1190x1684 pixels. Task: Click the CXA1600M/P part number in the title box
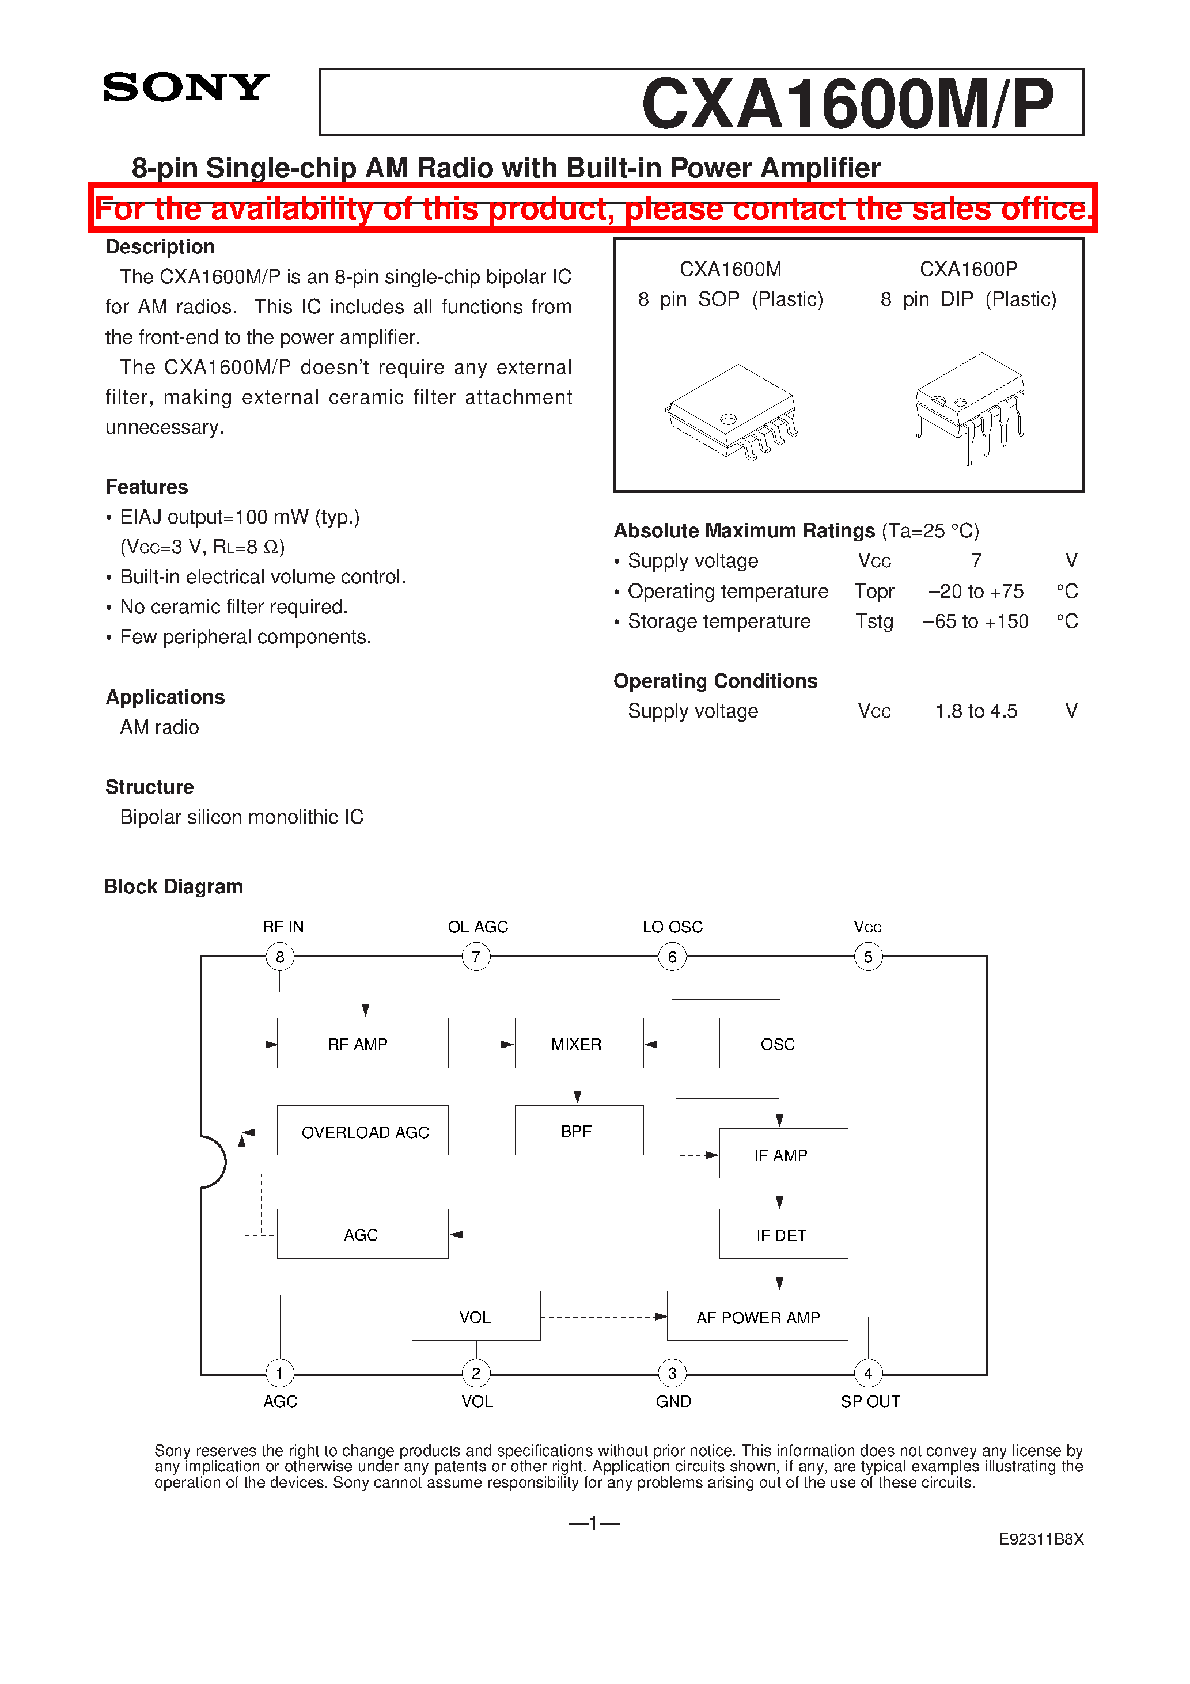[x=847, y=104]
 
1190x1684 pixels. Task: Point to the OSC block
[x=783, y=1043]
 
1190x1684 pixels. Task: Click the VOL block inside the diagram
[x=475, y=1317]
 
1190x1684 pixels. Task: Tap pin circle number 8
[x=279, y=957]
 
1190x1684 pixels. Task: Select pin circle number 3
[x=672, y=1373]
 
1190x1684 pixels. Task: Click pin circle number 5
[x=868, y=957]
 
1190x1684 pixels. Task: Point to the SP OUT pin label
[x=870, y=1401]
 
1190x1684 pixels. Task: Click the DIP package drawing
[x=969, y=407]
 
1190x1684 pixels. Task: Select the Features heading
[x=147, y=487]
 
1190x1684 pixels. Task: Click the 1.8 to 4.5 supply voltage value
[x=976, y=711]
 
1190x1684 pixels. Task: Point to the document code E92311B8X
[x=1040, y=1539]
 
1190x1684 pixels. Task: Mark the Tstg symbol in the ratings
[x=874, y=621]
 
